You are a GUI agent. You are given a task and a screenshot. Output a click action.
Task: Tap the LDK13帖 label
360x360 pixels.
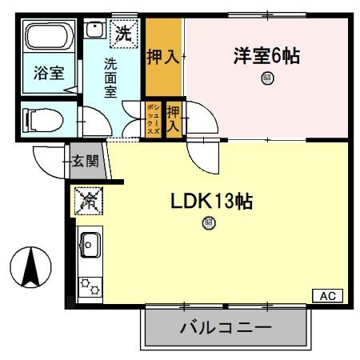coord(211,202)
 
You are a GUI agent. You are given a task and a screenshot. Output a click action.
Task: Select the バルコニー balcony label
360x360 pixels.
coord(225,328)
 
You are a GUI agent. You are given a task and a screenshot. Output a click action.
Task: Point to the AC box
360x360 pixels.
coord(327,296)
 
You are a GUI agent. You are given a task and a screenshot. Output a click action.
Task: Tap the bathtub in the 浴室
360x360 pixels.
coord(48,38)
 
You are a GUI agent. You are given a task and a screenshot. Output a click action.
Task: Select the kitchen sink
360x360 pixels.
coord(88,243)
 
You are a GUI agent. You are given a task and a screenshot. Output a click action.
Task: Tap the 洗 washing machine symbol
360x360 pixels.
coord(123,34)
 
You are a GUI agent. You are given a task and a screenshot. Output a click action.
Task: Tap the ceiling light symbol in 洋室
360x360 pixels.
coord(266,78)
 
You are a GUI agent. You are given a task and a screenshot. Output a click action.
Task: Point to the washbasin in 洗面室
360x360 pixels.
coord(94,32)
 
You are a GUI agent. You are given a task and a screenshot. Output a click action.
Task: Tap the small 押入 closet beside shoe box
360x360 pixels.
coord(174,118)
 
